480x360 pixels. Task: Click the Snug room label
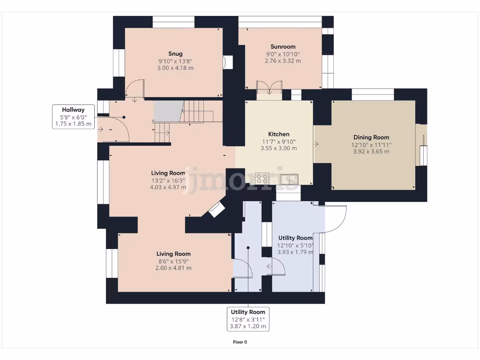(175, 53)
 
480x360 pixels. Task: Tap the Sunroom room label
(283, 46)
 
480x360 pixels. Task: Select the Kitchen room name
(278, 134)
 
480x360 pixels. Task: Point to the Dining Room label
(371, 137)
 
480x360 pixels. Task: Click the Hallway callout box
(72, 117)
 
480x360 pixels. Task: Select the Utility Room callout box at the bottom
(248, 319)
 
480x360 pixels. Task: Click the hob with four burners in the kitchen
(262, 179)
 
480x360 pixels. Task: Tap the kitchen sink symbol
(287, 179)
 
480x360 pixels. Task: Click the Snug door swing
(136, 89)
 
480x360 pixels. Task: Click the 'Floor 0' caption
(240, 342)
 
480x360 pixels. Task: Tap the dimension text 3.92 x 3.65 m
(371, 151)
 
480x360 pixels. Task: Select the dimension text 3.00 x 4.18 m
(175, 68)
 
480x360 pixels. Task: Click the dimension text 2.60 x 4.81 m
(173, 268)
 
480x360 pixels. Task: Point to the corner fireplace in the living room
(217, 210)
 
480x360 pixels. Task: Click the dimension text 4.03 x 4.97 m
(168, 187)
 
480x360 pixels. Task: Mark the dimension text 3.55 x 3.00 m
(278, 148)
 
